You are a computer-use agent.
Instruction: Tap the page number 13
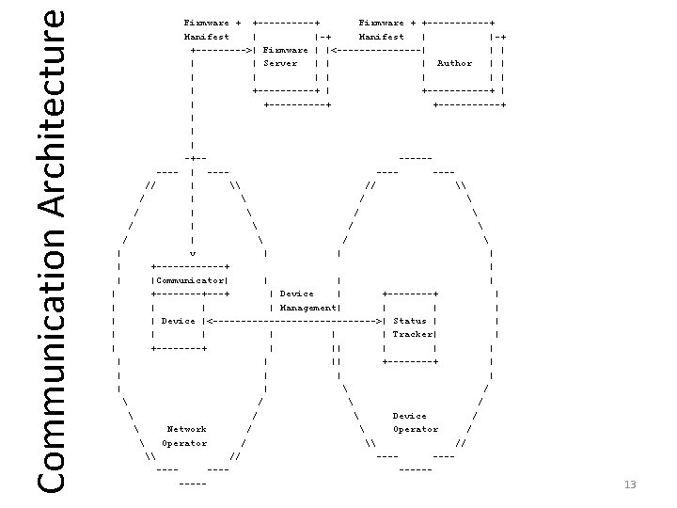coord(630,484)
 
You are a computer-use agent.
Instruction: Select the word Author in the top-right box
coord(455,64)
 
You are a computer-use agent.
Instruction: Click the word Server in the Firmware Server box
coord(279,64)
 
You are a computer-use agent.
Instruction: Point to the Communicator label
coord(189,280)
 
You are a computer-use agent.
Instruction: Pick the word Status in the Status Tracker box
coord(409,321)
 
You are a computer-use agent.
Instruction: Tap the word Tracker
coord(412,334)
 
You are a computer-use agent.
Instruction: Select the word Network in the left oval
coord(186,429)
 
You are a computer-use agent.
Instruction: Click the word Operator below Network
coord(184,442)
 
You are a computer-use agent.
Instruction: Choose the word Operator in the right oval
coord(416,429)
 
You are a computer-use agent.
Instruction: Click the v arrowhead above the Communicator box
coord(192,253)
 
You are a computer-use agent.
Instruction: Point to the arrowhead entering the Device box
coord(209,321)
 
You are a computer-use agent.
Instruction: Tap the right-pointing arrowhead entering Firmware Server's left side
coord(249,50)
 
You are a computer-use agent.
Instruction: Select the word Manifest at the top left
coord(206,37)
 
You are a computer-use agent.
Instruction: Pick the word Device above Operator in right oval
coord(409,416)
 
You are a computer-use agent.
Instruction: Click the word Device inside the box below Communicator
coord(178,321)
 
